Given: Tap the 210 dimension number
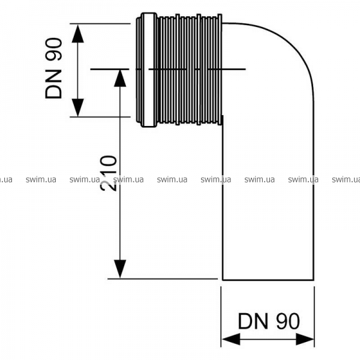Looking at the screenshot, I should pyautogui.click(x=107, y=172).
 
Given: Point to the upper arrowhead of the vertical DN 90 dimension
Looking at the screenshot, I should pyautogui.click(x=77, y=34).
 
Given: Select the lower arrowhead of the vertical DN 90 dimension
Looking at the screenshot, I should pyautogui.click(x=77, y=106).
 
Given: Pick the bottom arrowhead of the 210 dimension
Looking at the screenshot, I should pyautogui.click(x=121, y=268).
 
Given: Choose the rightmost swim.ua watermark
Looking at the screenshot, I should pyautogui.click(x=346, y=179).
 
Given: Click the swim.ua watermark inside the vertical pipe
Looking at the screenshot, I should pyautogui.click(x=259, y=179).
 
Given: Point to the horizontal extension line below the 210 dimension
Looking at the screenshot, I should pyautogui.click(x=162, y=279).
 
